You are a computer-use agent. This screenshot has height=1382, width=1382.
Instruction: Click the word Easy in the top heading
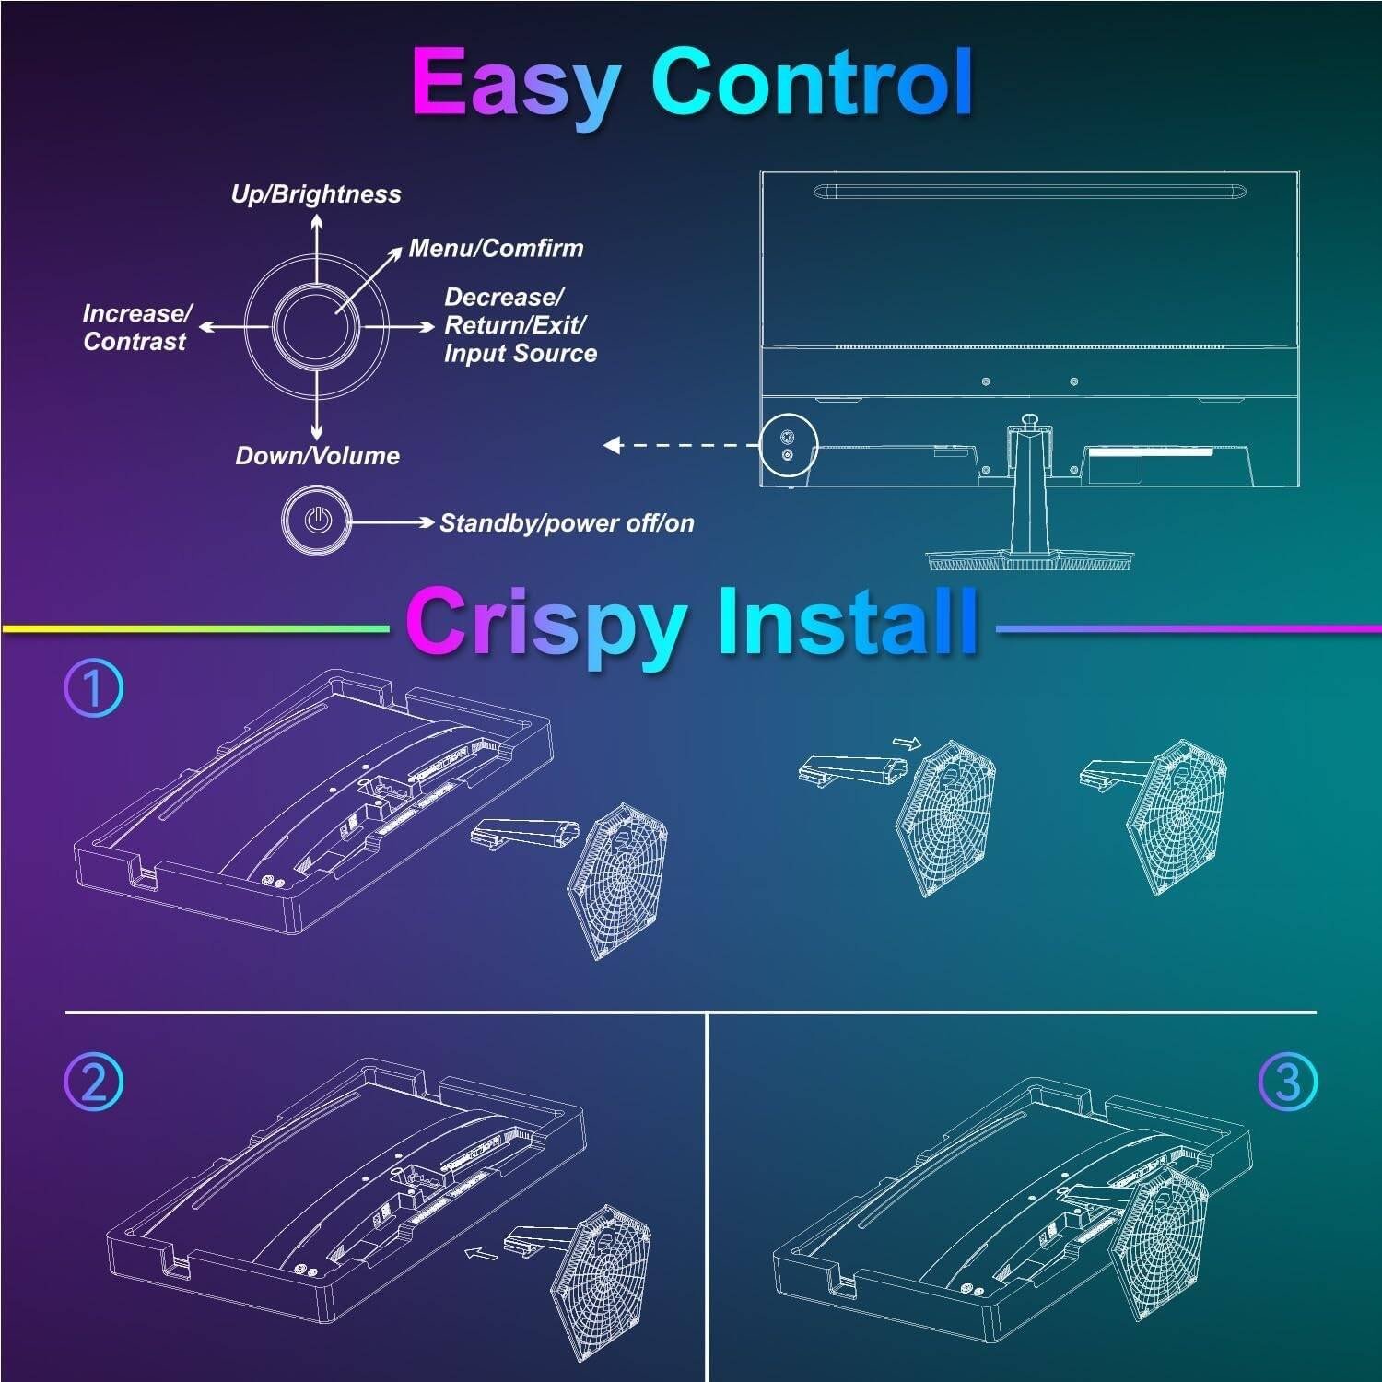coord(515,84)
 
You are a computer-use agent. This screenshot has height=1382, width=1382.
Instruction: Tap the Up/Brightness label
coord(316,194)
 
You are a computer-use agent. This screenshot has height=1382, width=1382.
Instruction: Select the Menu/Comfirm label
coord(496,249)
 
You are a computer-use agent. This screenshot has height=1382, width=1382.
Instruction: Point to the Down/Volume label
coord(317,455)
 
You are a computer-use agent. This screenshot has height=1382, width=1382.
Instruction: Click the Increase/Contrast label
coord(136,327)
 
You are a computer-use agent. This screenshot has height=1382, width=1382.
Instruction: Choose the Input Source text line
coord(521,354)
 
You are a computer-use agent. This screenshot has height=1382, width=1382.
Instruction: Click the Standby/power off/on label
coord(567,523)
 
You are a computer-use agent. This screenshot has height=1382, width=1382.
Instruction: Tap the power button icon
coord(317,521)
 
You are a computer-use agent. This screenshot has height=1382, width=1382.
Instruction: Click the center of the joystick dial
coord(316,326)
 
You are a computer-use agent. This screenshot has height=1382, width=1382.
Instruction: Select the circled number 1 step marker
coord(93,689)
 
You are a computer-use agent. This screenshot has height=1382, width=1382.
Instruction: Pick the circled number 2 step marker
coord(93,1082)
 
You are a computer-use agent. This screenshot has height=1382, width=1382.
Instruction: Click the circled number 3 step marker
coord(1288,1082)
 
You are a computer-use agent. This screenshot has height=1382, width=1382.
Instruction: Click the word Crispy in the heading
coord(547,625)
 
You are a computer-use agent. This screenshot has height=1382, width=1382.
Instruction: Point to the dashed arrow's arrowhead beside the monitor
coord(613,446)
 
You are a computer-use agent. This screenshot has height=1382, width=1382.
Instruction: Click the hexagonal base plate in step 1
coord(618,880)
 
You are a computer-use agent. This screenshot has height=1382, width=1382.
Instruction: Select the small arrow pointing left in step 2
coord(481,1253)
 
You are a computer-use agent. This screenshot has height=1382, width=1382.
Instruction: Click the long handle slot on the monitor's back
coord(1030,191)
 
